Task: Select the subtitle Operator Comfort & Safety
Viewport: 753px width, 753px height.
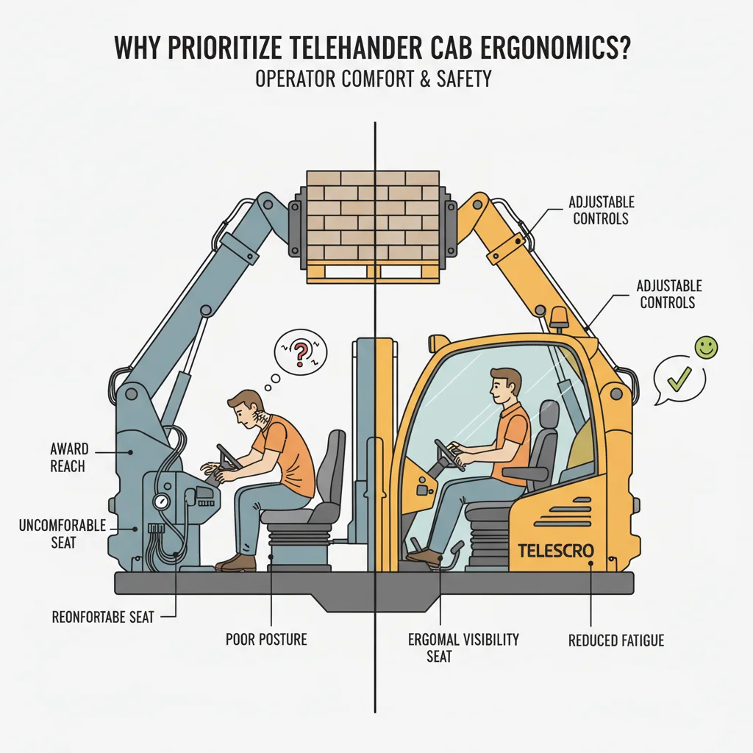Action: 374,78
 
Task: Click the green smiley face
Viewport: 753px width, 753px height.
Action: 707,348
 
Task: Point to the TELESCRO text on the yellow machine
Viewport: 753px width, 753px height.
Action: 556,550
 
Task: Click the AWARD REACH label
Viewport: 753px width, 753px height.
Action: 68,457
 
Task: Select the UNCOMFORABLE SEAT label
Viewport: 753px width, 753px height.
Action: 63,533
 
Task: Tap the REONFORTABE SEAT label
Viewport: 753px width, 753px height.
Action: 103,617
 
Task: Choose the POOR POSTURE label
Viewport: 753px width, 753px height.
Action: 266,640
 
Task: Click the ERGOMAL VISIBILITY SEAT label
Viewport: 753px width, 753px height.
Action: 463,647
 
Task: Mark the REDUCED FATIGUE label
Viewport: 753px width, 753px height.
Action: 616,640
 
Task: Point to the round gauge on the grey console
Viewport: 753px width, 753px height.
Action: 159,502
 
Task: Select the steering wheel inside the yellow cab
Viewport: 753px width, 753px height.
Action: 449,454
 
